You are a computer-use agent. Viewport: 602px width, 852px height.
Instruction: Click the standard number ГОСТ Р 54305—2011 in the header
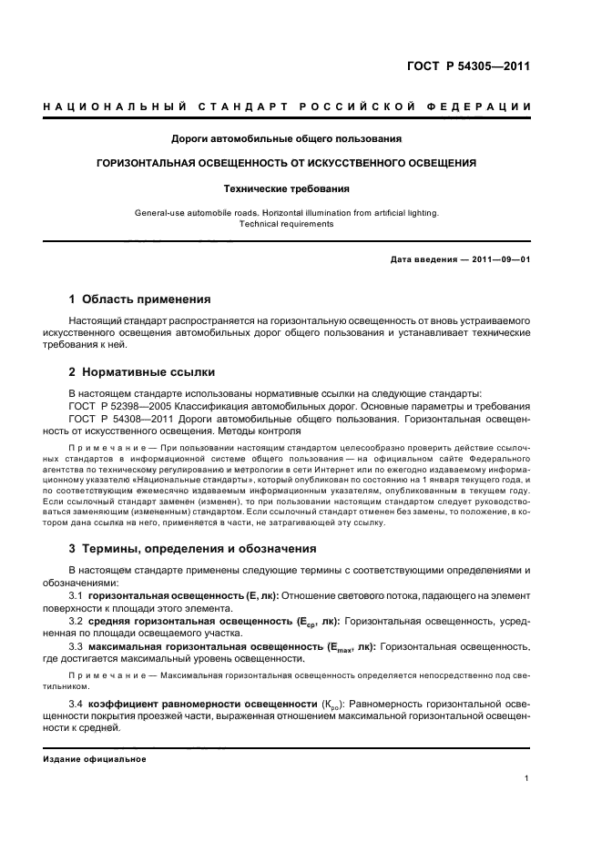coord(467,66)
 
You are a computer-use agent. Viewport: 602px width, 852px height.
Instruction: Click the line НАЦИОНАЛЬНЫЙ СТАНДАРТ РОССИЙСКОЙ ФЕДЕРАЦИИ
coord(287,107)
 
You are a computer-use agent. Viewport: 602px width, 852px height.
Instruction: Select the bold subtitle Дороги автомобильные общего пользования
coord(287,139)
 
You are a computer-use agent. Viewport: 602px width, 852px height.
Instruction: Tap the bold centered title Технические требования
coord(287,189)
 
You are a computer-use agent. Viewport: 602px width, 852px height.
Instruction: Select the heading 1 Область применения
coord(140,299)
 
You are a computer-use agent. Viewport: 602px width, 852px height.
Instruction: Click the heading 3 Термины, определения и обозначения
coord(193,549)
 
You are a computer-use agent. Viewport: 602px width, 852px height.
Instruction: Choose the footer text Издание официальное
coord(94,758)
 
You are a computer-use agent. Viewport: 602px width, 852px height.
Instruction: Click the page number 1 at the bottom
coord(527,778)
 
